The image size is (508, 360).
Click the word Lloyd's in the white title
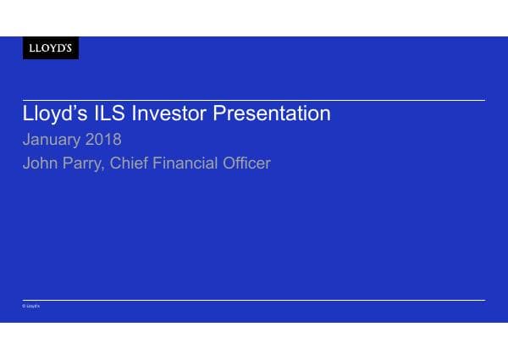point(52,114)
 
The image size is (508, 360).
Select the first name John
point(40,163)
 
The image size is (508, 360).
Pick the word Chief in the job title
point(130,163)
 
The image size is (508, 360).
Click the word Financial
point(186,163)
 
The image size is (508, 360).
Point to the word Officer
point(247,163)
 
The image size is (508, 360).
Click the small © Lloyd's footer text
point(31,306)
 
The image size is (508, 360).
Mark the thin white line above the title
point(254,100)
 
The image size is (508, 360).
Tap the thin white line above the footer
point(254,300)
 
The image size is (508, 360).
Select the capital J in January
point(26,139)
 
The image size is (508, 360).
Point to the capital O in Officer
point(230,163)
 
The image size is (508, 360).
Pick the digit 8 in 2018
point(117,139)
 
